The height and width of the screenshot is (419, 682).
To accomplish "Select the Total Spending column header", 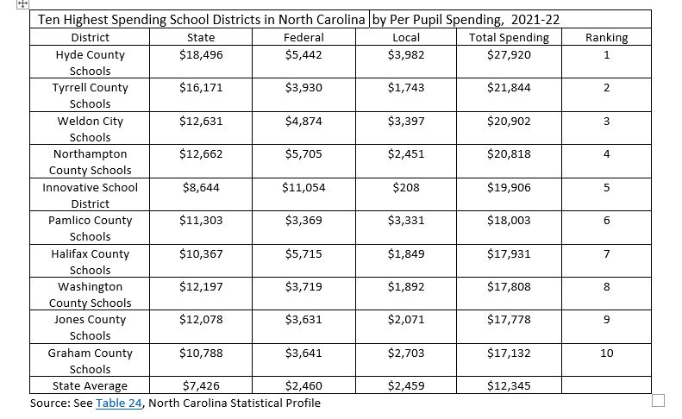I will point(509,37).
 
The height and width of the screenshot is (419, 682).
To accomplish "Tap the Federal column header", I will point(303,37).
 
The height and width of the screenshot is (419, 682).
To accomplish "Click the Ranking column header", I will point(606,37).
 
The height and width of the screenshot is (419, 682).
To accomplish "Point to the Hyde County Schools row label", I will point(90,62).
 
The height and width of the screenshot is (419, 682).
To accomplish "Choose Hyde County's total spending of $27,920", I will point(509,54).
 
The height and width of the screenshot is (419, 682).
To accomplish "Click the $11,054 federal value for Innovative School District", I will point(303,187).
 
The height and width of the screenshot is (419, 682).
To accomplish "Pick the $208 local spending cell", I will point(406,187).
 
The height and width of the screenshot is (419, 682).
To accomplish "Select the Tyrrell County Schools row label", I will point(90,95).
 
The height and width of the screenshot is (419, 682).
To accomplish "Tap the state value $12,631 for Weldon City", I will point(201,121).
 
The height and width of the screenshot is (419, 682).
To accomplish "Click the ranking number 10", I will point(606,353).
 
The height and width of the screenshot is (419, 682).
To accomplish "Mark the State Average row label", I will point(90,385).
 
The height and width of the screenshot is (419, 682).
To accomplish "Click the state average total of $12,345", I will point(509,385).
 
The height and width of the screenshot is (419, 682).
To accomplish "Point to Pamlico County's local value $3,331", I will point(406,220).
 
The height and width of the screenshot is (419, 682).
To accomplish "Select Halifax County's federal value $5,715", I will point(303,253).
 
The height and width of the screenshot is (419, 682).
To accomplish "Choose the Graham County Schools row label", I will point(90,360).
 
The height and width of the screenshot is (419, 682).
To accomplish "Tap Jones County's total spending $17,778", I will point(509,320).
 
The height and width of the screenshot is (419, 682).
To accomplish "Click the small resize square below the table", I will point(658,399).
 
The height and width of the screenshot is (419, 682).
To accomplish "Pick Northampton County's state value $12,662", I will point(201,154).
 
